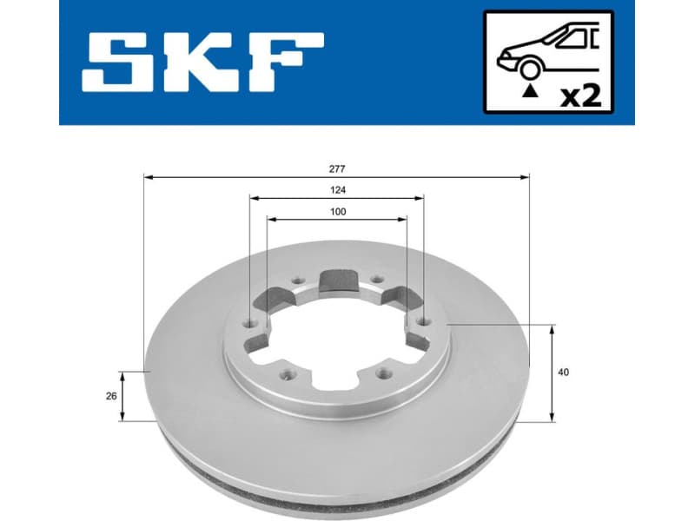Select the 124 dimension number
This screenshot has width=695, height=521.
coord(337,189)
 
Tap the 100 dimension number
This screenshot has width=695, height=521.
coord(337,212)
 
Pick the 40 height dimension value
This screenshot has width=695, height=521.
coord(565,373)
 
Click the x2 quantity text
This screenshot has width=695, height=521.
coord(579,93)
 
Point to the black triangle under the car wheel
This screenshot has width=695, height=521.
coord(527,89)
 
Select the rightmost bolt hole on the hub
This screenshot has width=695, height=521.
coord(423,323)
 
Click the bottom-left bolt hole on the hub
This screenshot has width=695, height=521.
coord(288,375)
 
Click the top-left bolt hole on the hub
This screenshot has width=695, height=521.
coord(297,280)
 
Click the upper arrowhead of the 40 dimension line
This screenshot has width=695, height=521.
coord(553,329)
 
